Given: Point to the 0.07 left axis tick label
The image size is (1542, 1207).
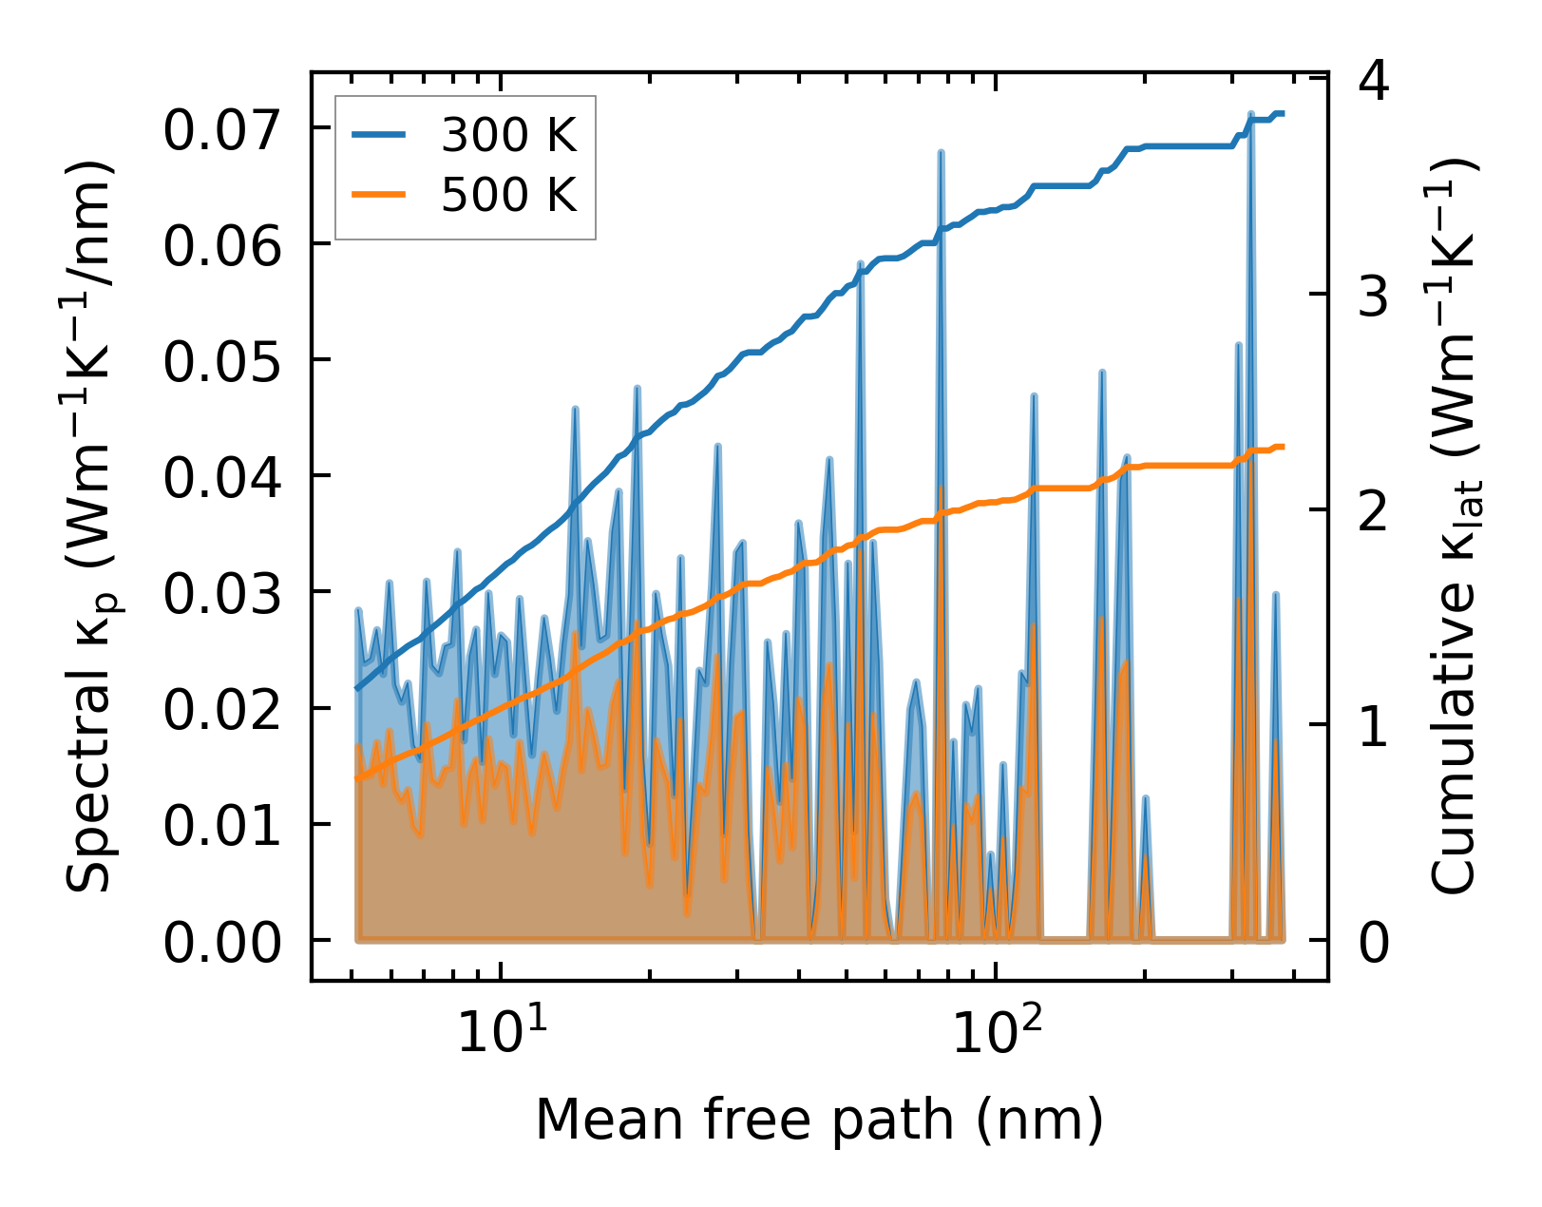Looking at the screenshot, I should tap(222, 130).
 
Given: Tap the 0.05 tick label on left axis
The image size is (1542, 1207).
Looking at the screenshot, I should tap(222, 362).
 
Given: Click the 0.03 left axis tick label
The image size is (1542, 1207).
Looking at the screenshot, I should tap(222, 595).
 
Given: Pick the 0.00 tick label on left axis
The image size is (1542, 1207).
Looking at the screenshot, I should tap(222, 944).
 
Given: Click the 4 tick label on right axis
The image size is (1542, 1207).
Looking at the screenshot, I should tap(1374, 82).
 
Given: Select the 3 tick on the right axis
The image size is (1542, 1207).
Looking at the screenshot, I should tap(1374, 297).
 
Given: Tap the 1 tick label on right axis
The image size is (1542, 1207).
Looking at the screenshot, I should tap(1374, 727).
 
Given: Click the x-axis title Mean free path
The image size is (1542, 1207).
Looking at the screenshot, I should tap(819, 1119).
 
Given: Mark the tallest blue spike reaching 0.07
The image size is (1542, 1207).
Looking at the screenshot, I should tap(1250, 113).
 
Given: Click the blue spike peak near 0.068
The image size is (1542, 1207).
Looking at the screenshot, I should tap(940, 152).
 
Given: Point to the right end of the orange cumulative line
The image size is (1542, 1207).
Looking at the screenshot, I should tap(1284, 447).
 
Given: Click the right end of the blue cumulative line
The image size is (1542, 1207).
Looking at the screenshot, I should tap(1284, 114).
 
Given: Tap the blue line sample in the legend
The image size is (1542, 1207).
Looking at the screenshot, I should tap(379, 137).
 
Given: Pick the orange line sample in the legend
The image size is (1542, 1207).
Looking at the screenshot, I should tap(379, 196).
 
